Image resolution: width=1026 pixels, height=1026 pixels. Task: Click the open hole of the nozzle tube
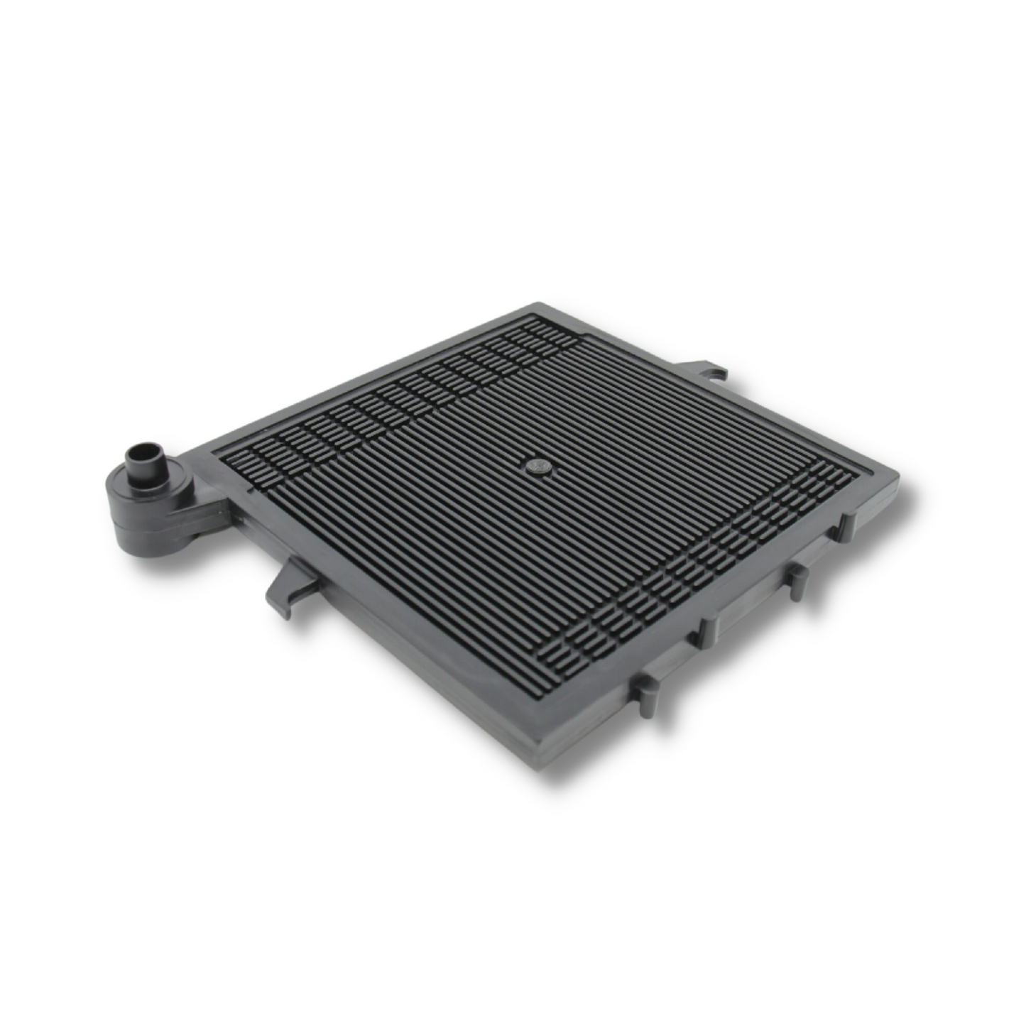coord(141,453)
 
